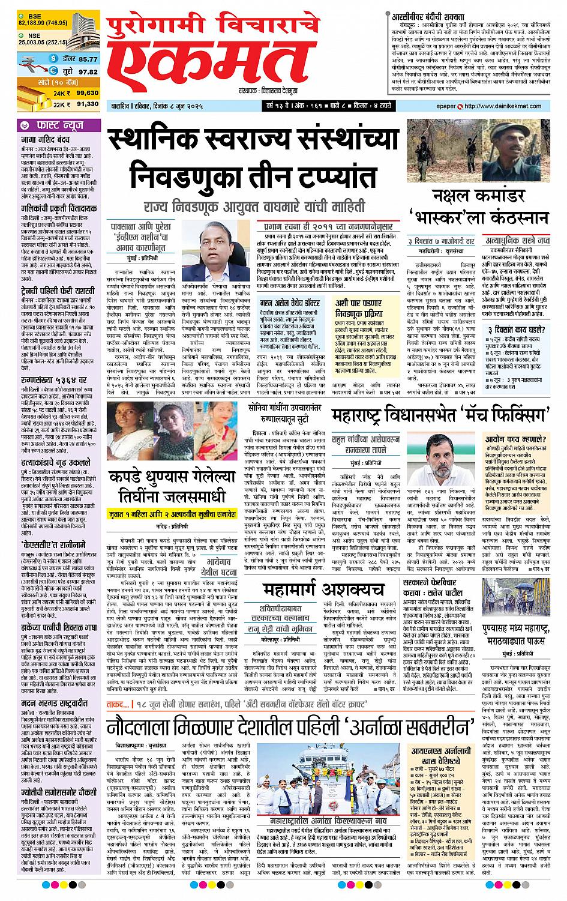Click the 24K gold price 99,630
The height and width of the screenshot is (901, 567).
[87, 93]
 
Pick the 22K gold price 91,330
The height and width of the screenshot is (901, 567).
[87, 104]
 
